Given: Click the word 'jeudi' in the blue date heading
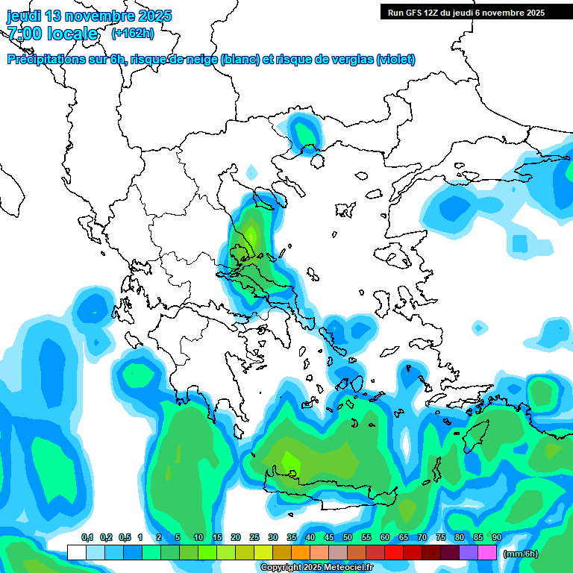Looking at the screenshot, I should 25,16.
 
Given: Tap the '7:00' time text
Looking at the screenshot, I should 24,34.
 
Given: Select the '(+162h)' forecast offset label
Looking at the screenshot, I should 132,33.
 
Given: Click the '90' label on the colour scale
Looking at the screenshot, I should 497,537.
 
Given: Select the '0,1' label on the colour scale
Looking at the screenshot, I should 87,537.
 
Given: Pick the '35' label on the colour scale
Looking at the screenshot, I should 292,537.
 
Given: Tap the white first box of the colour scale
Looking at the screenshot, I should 77,553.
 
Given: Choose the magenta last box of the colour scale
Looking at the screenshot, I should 487,553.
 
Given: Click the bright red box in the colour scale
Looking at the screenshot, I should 394,553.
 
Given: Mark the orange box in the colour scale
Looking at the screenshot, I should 301,553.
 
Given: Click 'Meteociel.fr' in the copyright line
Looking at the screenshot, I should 345,568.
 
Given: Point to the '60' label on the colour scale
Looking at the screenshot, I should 385,537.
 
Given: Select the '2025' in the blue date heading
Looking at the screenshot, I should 154,16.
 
